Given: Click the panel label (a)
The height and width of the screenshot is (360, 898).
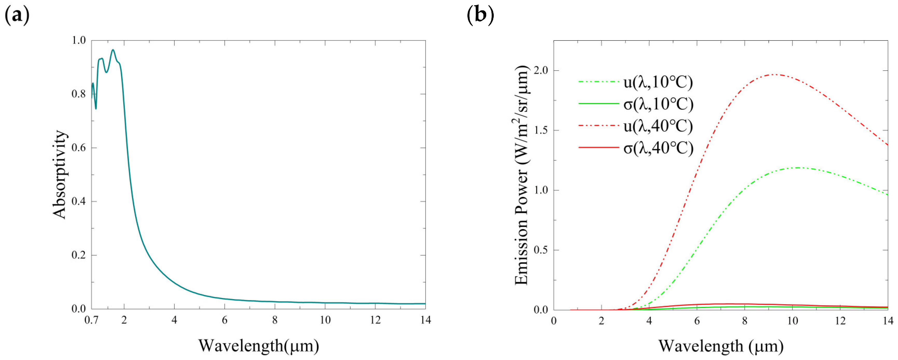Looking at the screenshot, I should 16,16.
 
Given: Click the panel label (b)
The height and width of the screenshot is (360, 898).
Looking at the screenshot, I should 480,16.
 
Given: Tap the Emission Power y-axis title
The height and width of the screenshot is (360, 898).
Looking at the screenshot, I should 522,174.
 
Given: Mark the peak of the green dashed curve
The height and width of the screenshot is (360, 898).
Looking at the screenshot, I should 798,168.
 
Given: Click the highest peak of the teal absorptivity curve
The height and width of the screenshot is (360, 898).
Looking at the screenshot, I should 113,50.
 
